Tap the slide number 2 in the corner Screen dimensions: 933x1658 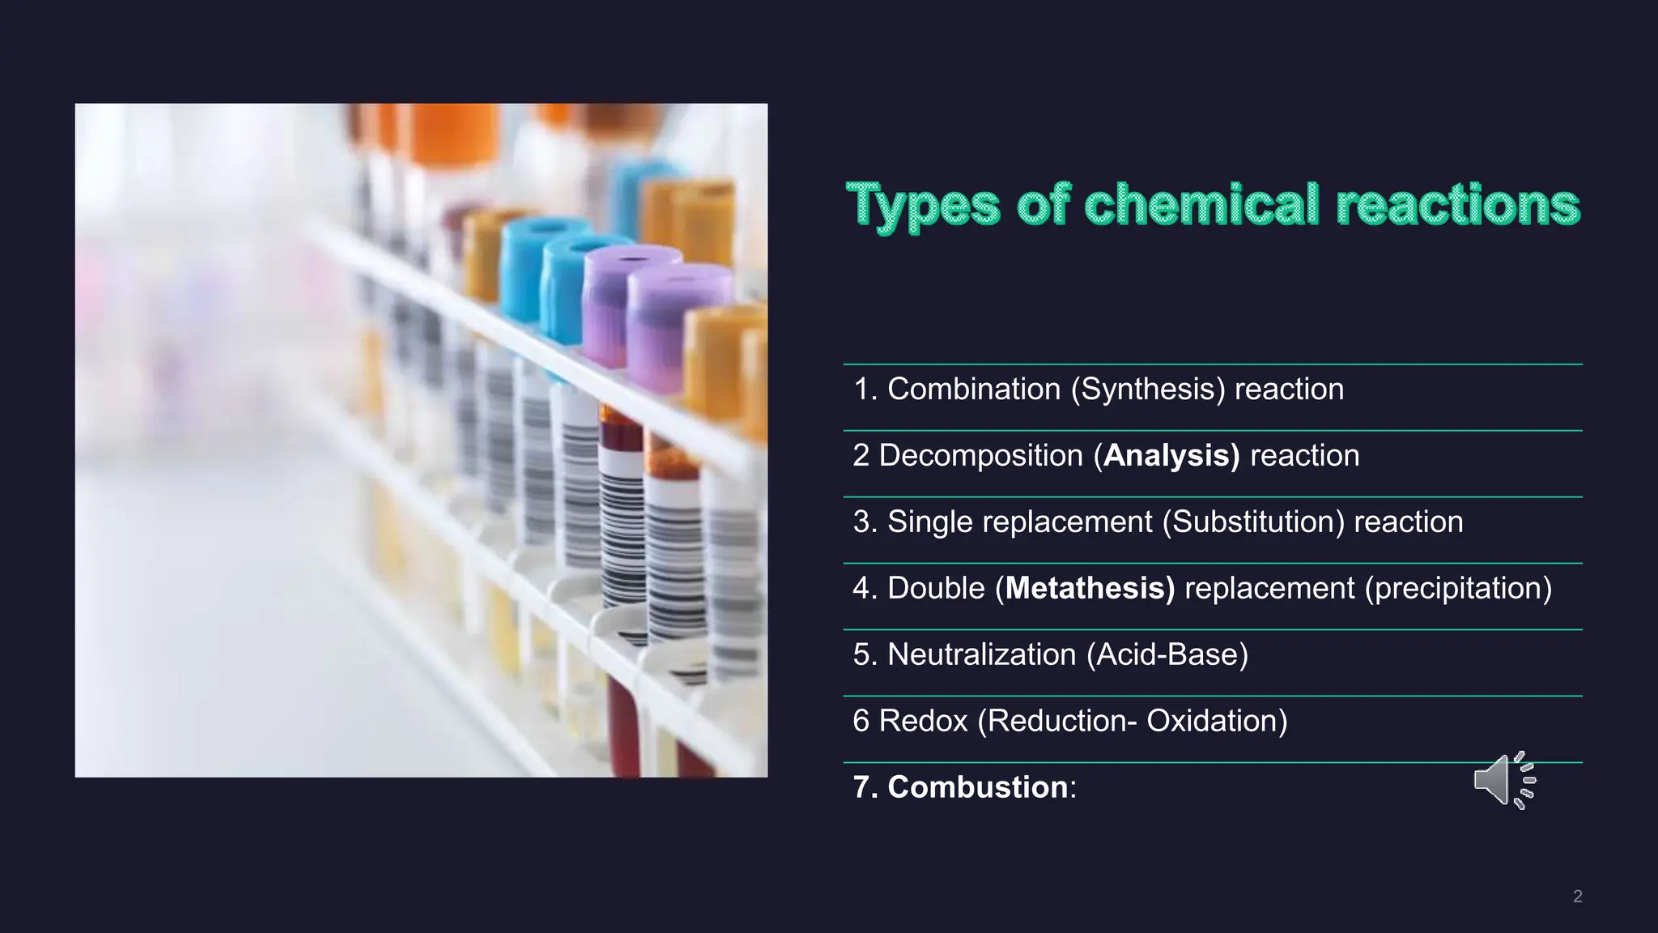[1577, 896]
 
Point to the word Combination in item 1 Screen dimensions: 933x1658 [973, 390]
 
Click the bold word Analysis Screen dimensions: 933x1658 [1170, 456]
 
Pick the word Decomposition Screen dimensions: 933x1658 [980, 456]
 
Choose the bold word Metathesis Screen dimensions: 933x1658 [1089, 589]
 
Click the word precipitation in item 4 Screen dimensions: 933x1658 [1458, 589]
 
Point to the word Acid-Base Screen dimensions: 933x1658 [1167, 655]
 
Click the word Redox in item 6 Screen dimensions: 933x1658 [923, 722]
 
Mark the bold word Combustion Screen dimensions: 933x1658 [977, 788]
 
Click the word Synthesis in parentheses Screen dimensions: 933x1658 [1148, 390]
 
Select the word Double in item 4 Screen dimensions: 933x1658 [936, 589]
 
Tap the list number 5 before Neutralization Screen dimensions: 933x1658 [861, 655]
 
